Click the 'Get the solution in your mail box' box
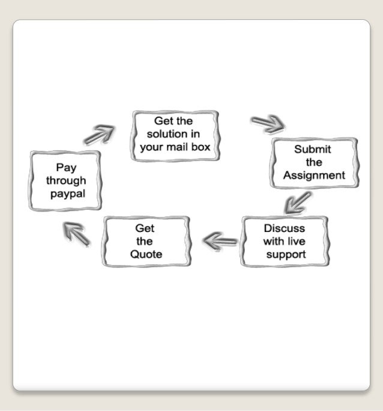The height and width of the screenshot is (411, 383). (x=174, y=135)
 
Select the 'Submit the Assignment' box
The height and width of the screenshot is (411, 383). (x=314, y=163)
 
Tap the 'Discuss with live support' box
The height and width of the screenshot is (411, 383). (x=285, y=242)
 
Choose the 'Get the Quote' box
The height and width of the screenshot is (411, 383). (x=146, y=242)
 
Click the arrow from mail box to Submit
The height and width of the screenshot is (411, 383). (x=268, y=124)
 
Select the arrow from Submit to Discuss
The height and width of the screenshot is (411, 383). (x=298, y=202)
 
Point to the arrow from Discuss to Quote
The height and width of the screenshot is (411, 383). (x=220, y=242)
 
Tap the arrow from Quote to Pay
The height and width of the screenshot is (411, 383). (x=77, y=233)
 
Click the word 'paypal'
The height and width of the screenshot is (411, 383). (x=68, y=194)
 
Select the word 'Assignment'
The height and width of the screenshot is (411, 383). (x=314, y=175)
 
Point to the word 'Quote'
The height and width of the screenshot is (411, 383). (x=146, y=254)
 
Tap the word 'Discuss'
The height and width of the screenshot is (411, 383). (x=285, y=228)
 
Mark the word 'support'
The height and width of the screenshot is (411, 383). (x=286, y=254)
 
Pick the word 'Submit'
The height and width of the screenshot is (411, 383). (x=313, y=150)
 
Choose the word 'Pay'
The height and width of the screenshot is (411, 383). (x=66, y=168)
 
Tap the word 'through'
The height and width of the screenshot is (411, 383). (x=66, y=180)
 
